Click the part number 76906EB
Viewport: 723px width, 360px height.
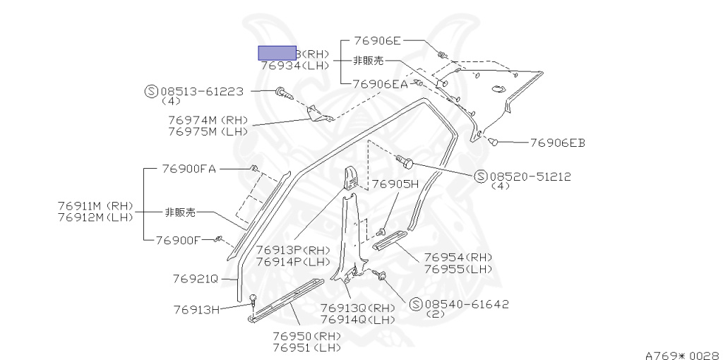coord(558,143)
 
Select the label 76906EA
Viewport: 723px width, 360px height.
coord(381,84)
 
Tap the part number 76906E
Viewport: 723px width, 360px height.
coord(377,41)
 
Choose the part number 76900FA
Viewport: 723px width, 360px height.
coord(189,169)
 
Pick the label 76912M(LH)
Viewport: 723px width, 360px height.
coord(95,217)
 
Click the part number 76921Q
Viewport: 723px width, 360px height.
coord(195,278)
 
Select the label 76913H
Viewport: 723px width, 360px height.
coord(197,308)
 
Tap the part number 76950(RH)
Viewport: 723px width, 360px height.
coord(307,336)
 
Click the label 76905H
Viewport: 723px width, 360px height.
coord(396,184)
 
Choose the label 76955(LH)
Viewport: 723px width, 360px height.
coord(458,269)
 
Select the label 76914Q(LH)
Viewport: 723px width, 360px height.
coord(358,319)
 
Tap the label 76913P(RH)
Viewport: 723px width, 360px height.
coord(293,250)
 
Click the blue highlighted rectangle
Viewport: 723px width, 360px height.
coord(277,53)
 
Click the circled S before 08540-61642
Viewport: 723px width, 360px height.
coord(415,304)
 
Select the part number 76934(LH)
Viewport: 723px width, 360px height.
coord(295,65)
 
